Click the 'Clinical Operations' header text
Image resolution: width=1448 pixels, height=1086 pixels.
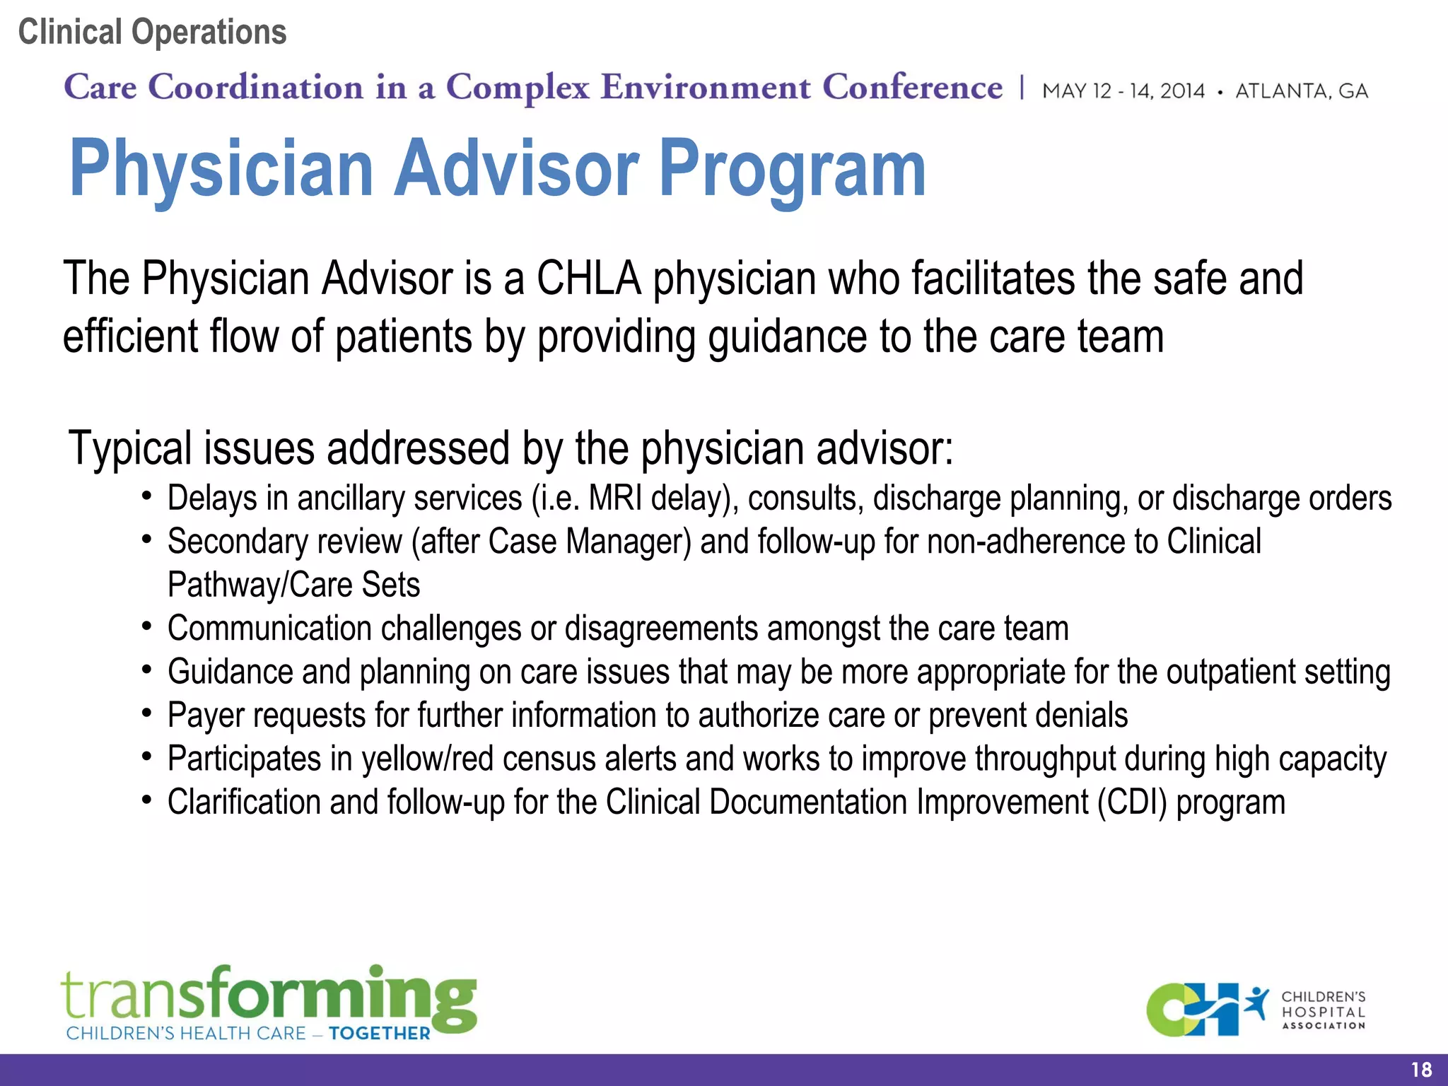(152, 33)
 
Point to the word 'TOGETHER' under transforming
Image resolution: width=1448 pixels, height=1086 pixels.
(379, 1034)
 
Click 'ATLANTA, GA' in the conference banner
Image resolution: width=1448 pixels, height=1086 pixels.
(1301, 91)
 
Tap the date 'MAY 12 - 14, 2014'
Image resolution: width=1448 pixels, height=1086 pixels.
(1123, 91)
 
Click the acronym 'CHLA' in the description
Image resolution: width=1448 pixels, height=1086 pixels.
(588, 279)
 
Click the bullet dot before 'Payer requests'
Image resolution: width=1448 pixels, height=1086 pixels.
(146, 713)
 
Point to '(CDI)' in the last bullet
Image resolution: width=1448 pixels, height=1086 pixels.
(1132, 802)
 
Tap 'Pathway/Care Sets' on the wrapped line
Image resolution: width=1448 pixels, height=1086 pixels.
(293, 585)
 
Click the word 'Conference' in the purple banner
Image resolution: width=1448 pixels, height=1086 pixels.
(912, 88)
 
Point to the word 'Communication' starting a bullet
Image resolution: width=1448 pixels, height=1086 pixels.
(269, 629)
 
